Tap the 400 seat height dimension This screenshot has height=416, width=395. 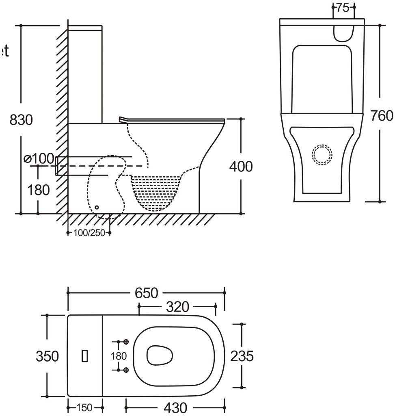click(x=241, y=166)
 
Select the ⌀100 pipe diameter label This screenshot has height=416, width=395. click(x=39, y=158)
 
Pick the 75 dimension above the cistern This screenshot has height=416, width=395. click(x=343, y=7)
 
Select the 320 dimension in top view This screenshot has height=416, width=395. click(x=177, y=307)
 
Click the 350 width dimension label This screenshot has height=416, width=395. click(x=47, y=356)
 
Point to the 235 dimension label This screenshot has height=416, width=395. click(x=242, y=356)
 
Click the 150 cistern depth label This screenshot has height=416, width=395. click(x=84, y=407)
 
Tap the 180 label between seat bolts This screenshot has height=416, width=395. click(x=119, y=356)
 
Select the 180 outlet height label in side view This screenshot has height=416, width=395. click(x=39, y=190)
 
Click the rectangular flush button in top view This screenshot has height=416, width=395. click(x=84, y=356)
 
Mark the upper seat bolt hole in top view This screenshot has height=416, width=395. click(x=126, y=342)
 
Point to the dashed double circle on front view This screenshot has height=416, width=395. click(x=322, y=154)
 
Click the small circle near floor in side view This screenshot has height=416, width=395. click(x=96, y=208)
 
